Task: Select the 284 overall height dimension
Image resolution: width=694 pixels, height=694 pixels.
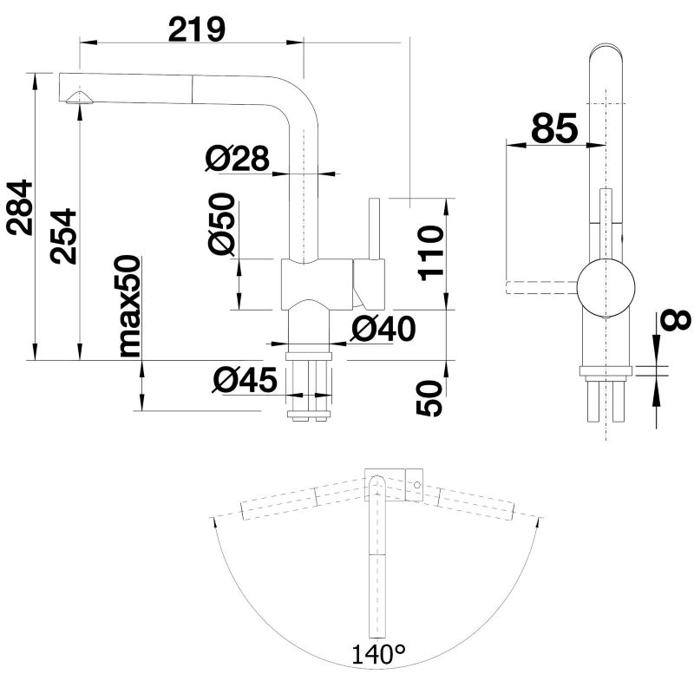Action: tap(19, 206)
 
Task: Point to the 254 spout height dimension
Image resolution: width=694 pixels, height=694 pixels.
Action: tap(62, 237)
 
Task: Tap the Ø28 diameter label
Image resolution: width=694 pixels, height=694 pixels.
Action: tap(237, 158)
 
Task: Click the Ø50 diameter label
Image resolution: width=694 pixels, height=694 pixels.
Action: tap(223, 223)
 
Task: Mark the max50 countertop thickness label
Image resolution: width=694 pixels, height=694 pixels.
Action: tap(129, 306)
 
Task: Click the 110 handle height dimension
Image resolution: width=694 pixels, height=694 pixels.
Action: tap(430, 251)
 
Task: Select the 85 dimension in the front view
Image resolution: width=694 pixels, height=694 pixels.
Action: tap(553, 129)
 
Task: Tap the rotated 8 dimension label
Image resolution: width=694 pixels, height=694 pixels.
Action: tap(678, 320)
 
